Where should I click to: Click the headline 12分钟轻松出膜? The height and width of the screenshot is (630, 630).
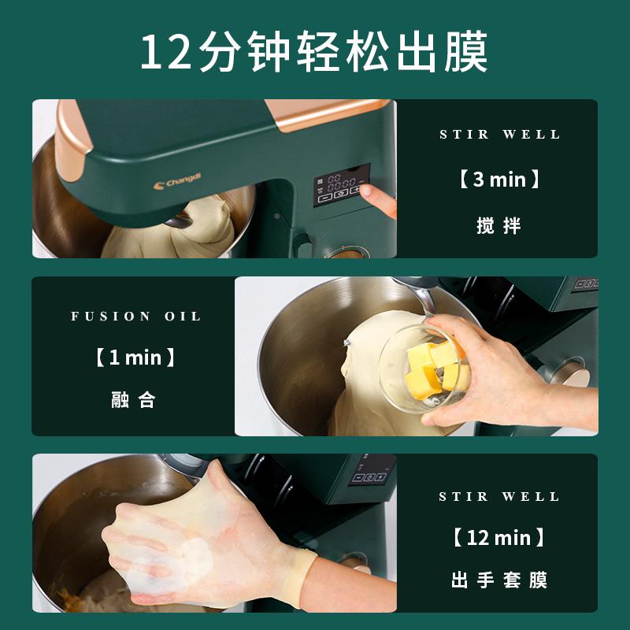[x=315, y=52]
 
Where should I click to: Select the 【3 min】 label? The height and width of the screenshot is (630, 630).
[x=499, y=180]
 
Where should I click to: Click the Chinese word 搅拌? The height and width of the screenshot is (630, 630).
[x=499, y=226]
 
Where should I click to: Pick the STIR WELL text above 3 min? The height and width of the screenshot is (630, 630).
[x=499, y=135]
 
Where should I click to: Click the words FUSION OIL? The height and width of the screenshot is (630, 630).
[x=136, y=317]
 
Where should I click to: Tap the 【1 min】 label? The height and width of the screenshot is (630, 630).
[x=136, y=358]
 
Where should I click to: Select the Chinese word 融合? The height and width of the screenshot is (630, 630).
[x=134, y=400]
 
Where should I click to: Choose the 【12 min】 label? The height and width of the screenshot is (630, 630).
[x=499, y=539]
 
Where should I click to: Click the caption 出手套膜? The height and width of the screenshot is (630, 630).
[x=499, y=581]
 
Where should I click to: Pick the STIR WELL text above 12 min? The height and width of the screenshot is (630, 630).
[x=499, y=497]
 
